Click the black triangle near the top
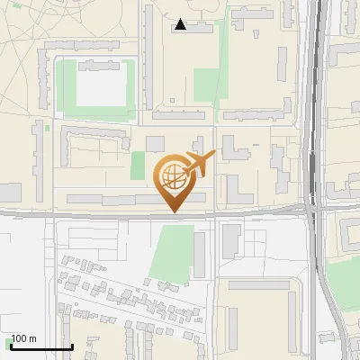point(181,24)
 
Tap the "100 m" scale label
point(23,338)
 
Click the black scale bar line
point(40,346)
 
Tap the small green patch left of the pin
point(138,166)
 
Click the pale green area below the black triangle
point(207,85)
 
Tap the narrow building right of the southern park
point(200,255)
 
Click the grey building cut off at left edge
point(10,192)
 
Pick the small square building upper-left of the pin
point(155,144)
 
